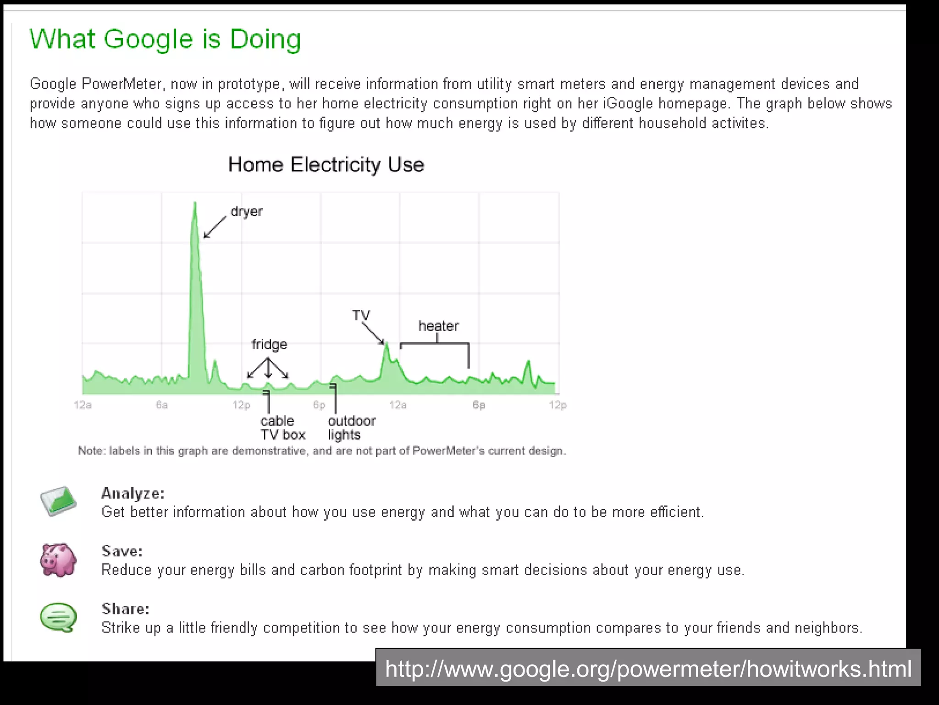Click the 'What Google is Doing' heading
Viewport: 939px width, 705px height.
(x=165, y=39)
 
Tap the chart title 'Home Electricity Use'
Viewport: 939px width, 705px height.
(x=326, y=165)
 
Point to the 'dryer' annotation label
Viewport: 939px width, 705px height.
(x=246, y=212)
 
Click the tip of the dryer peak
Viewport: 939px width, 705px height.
(x=195, y=202)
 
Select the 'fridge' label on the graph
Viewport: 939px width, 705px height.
(x=269, y=344)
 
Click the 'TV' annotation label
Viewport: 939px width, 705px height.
(x=361, y=315)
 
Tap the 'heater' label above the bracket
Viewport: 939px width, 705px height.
(x=438, y=326)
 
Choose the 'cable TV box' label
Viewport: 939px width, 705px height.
(x=282, y=428)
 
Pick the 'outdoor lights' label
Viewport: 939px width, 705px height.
(x=351, y=428)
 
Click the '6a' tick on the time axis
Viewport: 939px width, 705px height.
(x=161, y=405)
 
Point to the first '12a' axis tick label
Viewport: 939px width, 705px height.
(x=83, y=405)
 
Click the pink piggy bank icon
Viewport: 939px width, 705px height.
(x=58, y=560)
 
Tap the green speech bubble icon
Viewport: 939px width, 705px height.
(x=58, y=617)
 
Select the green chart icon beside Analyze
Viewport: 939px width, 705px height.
(x=58, y=501)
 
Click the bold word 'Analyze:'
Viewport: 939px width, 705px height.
(x=133, y=493)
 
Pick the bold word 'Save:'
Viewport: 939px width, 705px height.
(x=122, y=551)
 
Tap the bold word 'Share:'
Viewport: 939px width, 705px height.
(x=125, y=609)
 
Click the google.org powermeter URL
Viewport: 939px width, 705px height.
(x=648, y=669)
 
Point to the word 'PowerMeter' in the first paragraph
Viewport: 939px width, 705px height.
(x=122, y=84)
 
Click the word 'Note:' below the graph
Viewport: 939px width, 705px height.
(x=92, y=451)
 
